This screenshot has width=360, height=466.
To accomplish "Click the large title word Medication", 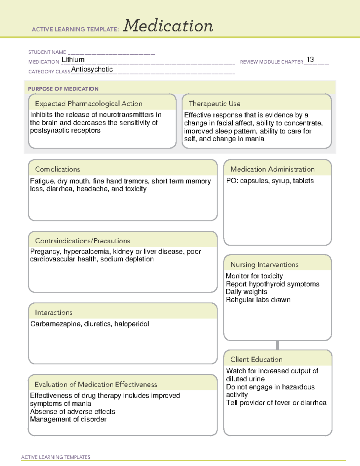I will [168, 26].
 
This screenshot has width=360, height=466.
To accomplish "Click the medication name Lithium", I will [73, 59].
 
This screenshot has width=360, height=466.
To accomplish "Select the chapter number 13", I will [310, 59].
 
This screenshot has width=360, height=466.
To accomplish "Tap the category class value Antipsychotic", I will [92, 69].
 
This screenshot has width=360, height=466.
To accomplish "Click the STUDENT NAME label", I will [47, 52].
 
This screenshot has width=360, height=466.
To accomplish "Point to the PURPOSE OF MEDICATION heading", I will [63, 89].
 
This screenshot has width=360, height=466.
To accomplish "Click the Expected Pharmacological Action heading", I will [88, 104].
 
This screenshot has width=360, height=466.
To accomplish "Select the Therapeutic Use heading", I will [214, 104].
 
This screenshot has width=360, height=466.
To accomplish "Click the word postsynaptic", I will [49, 131].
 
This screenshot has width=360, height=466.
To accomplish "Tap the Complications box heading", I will [57, 169].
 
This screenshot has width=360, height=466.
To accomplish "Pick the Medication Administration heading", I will [272, 169].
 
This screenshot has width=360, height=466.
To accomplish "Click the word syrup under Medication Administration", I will [280, 181].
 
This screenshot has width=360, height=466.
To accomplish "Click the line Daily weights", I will [246, 292].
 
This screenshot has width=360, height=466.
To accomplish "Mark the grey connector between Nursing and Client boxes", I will [277, 345].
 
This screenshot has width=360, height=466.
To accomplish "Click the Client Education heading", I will [256, 359].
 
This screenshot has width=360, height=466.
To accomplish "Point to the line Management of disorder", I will [68, 419].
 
